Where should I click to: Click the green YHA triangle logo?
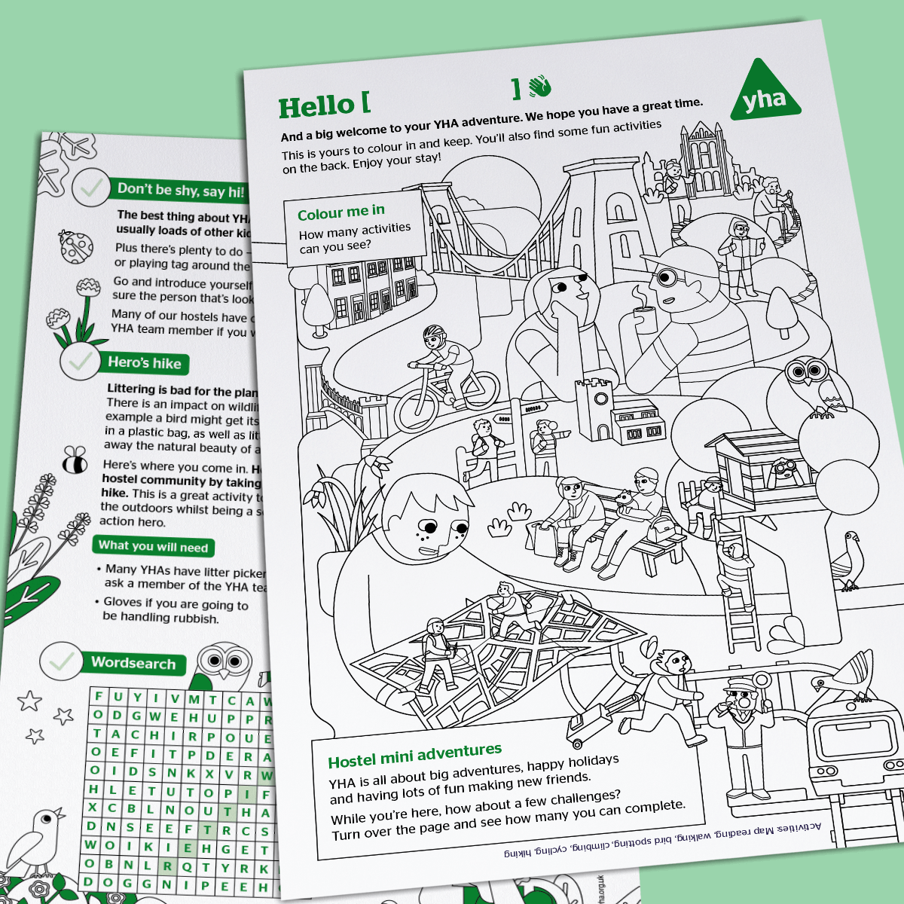[764, 95]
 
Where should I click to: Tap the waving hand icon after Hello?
[539, 87]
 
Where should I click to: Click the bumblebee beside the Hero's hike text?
[74, 460]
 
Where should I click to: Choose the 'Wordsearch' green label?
[133, 663]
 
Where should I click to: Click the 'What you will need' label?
[153, 546]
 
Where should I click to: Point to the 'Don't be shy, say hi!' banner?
[181, 190]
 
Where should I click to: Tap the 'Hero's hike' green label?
[144, 362]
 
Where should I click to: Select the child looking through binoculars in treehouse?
[784, 470]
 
